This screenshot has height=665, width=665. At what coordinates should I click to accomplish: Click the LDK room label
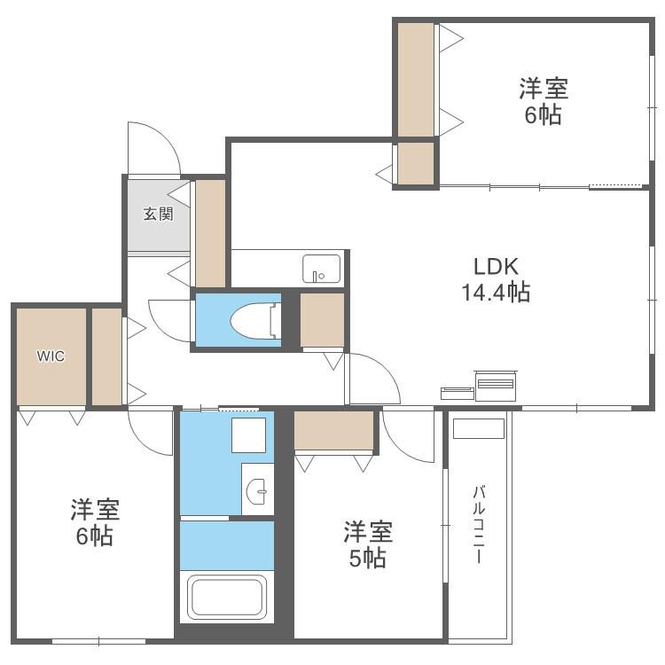[496, 267]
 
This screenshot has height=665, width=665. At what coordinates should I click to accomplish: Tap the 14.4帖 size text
[496, 293]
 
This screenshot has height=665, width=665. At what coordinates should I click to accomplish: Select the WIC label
[51, 356]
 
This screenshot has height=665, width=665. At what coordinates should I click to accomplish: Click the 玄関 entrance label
[158, 214]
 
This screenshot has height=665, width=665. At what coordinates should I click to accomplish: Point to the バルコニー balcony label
[479, 525]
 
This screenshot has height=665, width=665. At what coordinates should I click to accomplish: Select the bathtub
[227, 597]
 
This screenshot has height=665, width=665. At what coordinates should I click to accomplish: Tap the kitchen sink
[322, 269]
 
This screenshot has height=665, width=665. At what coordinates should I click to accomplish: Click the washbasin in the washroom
[256, 491]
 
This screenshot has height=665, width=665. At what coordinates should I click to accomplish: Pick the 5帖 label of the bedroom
[368, 558]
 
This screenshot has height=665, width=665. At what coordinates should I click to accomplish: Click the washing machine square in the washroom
[248, 435]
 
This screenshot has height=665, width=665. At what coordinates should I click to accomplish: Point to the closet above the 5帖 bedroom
[333, 430]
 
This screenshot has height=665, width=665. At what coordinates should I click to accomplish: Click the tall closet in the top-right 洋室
[416, 79]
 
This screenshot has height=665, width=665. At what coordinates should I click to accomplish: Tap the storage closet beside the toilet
[323, 320]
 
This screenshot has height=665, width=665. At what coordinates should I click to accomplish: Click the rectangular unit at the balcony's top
[479, 428]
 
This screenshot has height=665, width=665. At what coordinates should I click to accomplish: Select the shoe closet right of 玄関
[210, 233]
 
